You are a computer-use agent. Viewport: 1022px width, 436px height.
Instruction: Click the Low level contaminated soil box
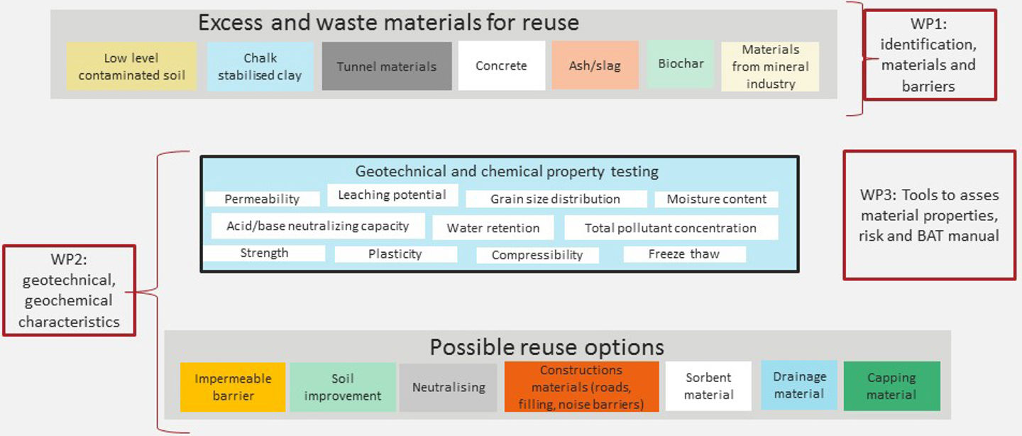(x=131, y=66)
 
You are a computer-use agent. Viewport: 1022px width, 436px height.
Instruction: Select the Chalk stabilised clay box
(x=260, y=66)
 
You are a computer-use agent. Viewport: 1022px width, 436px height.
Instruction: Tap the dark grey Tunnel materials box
(x=387, y=66)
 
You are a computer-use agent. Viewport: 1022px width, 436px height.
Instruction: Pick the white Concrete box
(x=501, y=66)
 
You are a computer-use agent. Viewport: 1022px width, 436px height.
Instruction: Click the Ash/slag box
(x=595, y=65)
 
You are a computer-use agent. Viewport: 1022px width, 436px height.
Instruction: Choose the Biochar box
(x=681, y=64)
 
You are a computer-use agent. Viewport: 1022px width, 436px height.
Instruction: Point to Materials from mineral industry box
(x=770, y=67)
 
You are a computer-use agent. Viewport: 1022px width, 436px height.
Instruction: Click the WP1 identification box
(x=928, y=55)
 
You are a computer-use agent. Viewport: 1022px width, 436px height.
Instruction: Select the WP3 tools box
(x=929, y=214)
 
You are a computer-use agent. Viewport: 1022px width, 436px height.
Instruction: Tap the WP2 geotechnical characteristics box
(x=69, y=290)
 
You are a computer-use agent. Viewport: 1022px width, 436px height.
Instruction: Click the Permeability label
(x=262, y=200)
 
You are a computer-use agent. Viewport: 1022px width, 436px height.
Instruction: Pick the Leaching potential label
(x=392, y=195)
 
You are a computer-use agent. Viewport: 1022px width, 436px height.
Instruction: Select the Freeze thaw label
(x=684, y=254)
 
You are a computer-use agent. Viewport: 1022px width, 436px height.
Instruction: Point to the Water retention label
(x=493, y=228)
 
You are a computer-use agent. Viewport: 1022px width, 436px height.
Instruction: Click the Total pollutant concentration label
(x=671, y=228)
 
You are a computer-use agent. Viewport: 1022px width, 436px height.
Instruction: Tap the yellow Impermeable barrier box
(x=233, y=387)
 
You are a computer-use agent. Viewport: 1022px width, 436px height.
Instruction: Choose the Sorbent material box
(x=708, y=386)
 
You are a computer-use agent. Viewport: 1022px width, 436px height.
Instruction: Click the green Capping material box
(x=891, y=386)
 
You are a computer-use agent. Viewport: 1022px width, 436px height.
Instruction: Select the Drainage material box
(x=799, y=385)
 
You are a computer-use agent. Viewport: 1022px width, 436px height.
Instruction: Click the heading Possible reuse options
(x=546, y=347)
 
